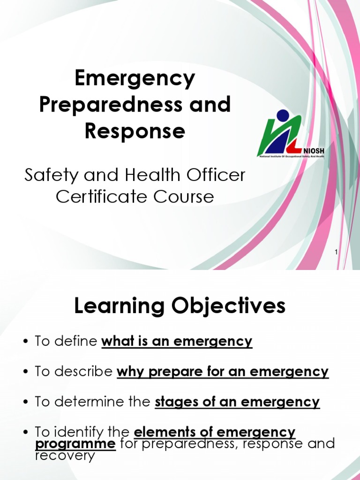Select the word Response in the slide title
click(135, 131)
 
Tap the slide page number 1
click(336, 253)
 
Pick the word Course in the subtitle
click(187, 196)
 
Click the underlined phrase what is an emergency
click(177, 342)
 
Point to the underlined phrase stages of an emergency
click(237, 402)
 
